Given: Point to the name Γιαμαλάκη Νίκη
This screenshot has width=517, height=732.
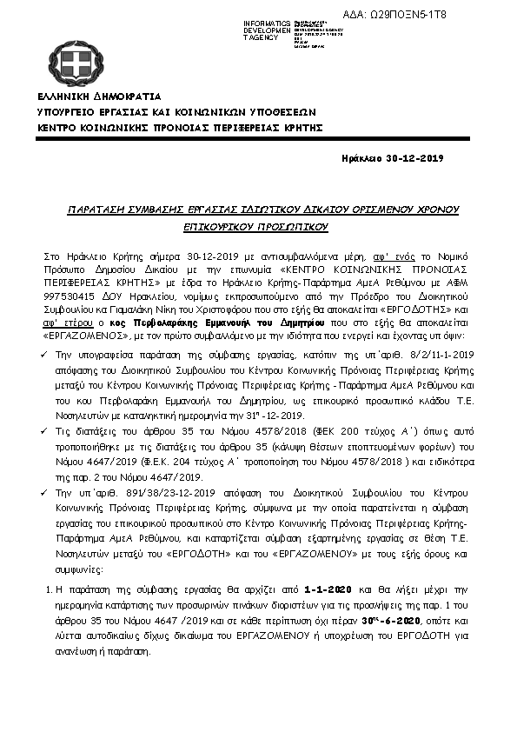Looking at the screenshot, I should [x=174, y=309].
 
